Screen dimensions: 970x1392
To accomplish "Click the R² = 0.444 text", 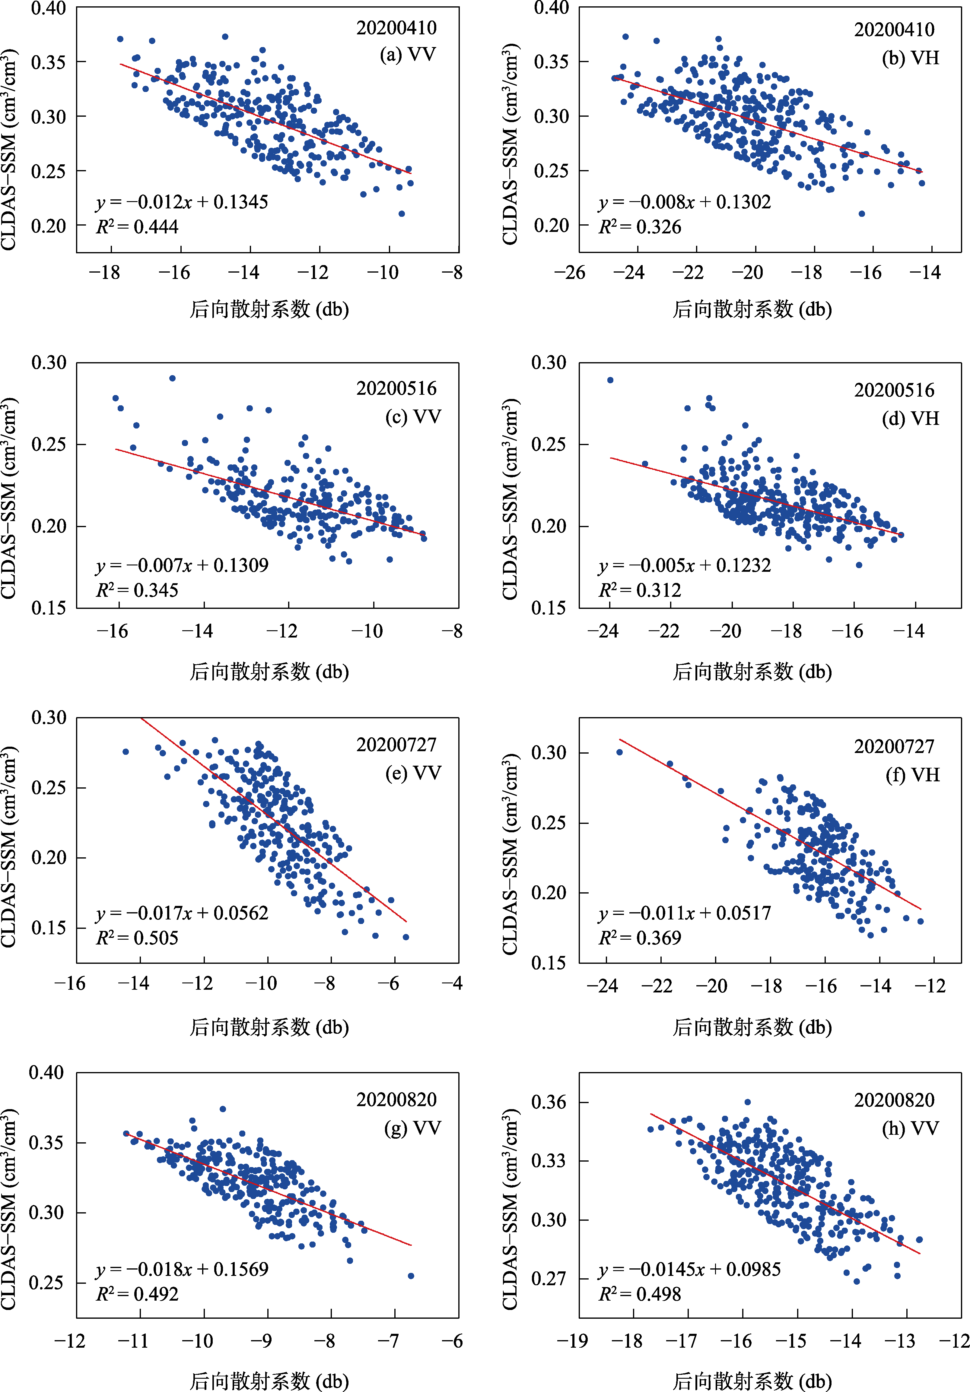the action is click(x=137, y=227).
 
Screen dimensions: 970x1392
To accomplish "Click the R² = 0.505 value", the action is click(x=137, y=938).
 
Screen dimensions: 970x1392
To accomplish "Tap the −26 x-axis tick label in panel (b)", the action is click(x=570, y=272).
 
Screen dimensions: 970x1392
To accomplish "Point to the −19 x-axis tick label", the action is click(x=572, y=1340).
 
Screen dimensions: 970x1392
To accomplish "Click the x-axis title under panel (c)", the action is click(x=269, y=671).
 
